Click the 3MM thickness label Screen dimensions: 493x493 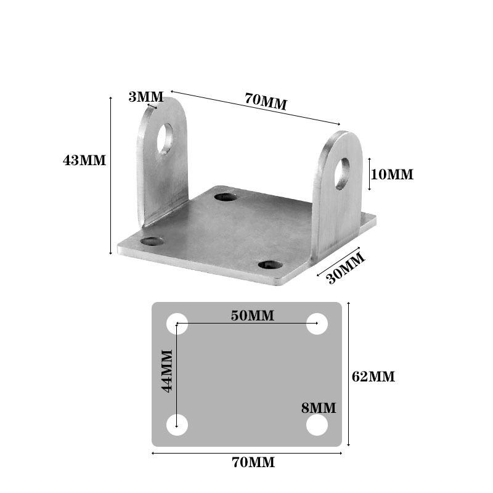coord(146,97)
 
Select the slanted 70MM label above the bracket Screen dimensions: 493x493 coord(266,101)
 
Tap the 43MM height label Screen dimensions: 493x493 coord(84,161)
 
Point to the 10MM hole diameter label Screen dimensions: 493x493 coord(392,174)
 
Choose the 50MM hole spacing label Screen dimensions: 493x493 coord(253,316)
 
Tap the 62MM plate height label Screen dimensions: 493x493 coord(373,377)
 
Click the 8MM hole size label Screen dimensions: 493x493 coord(319,407)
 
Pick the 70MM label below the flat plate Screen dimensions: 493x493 coord(253,462)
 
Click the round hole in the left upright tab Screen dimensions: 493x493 coord(165,138)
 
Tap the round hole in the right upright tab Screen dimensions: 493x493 coord(341,173)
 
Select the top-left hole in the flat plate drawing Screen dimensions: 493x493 coord(177,324)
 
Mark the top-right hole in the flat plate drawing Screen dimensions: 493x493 coord(317,324)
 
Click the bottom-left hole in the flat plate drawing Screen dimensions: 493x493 coord(177,425)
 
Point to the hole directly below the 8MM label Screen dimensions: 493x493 coord(317,425)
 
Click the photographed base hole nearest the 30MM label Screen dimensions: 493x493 coord(270,265)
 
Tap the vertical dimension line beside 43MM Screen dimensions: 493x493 coord(111,176)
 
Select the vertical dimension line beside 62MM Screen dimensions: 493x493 coord(349,374)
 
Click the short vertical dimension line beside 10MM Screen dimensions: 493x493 coord(369,174)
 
